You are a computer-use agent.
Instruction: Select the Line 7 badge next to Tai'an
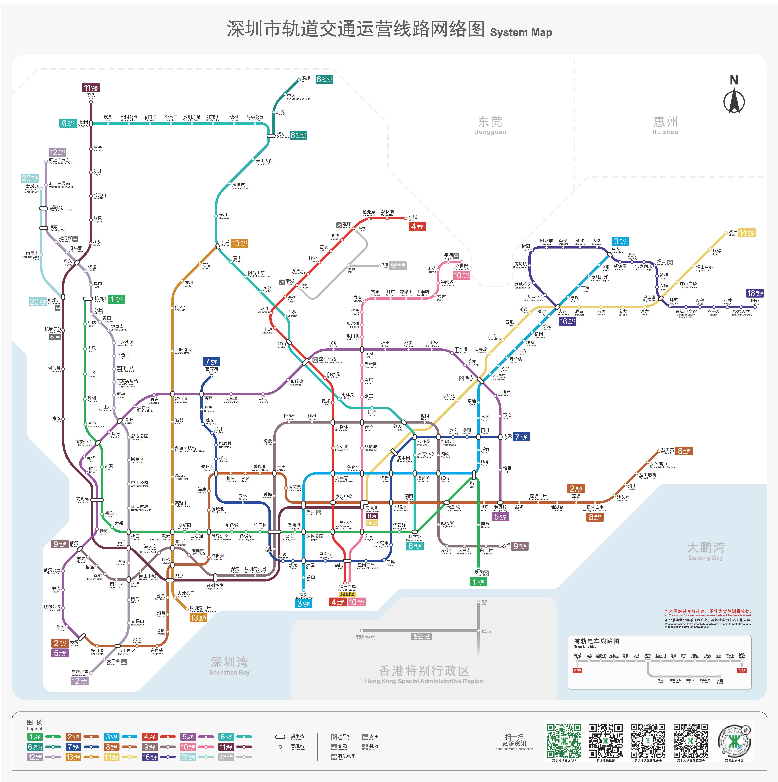pos(521,437)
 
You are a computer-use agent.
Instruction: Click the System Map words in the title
pos(521,32)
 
